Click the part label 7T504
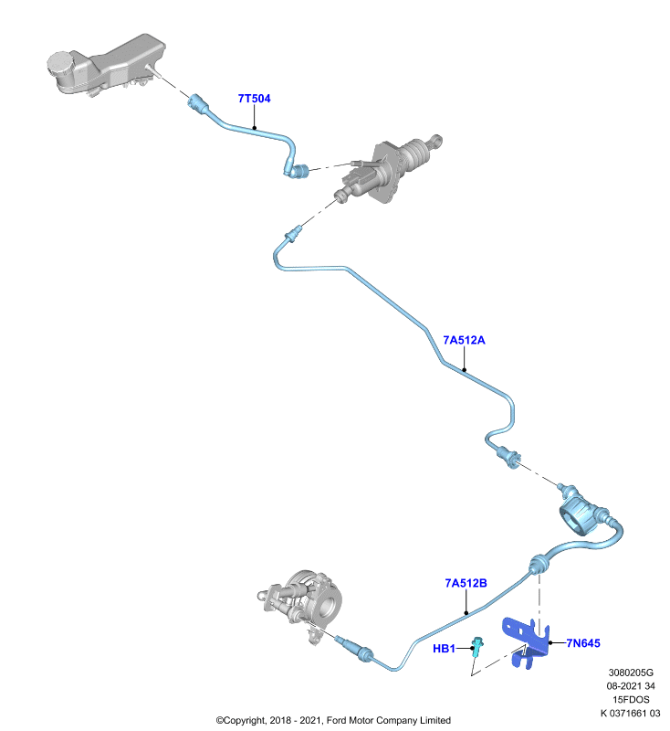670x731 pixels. pos(254,99)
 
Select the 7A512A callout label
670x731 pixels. pos(464,340)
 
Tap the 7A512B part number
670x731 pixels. pos(466,583)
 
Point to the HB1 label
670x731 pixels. pos(444,649)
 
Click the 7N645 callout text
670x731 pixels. pos(583,643)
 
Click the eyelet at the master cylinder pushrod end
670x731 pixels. pos(436,140)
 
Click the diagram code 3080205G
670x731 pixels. pos(631,673)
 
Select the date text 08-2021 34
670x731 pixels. pos(631,686)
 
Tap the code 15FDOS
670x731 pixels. pos(631,700)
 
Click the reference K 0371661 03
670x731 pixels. pos(630,714)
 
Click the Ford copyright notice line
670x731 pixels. pos(333,721)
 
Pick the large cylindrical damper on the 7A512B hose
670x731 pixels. pos(577,517)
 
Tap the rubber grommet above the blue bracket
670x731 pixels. pos(539,565)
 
